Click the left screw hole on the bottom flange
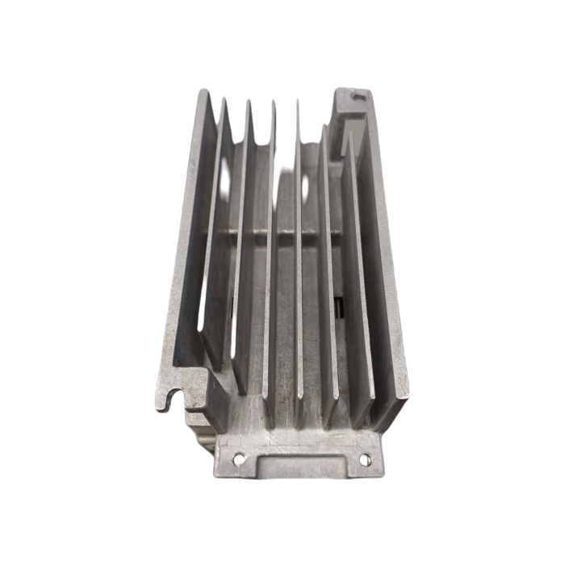238,459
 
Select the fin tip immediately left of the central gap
274,100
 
